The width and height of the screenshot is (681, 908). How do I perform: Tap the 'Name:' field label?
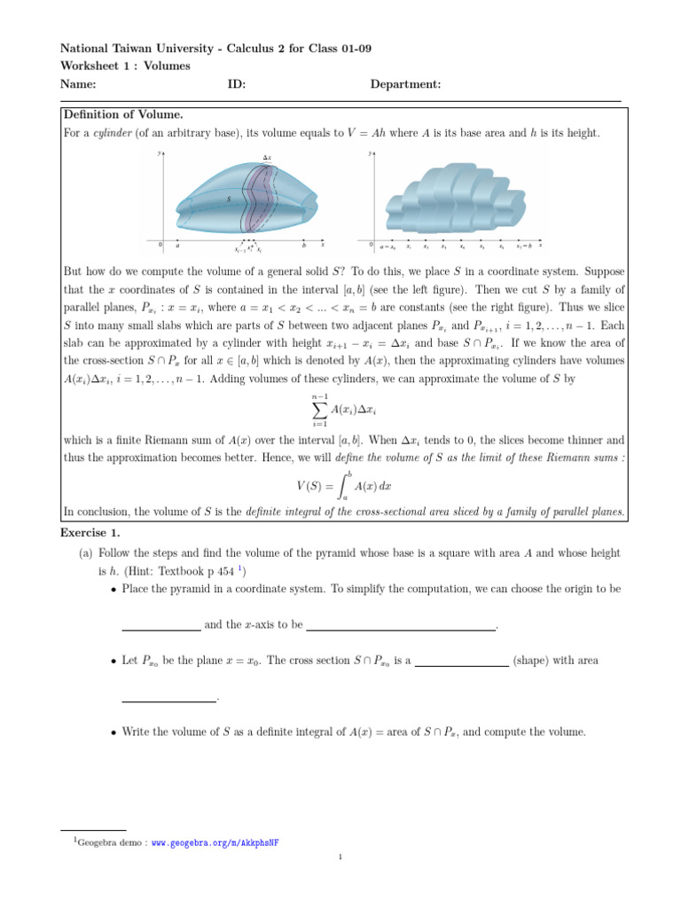pos(77,84)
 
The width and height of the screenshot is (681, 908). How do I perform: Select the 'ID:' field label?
pos(237,84)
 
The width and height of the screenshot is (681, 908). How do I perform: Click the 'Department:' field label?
pos(405,84)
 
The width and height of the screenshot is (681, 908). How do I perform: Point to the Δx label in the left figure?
pos(267,158)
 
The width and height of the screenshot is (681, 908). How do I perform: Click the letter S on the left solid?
pos(228,200)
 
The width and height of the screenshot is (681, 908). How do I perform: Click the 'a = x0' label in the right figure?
pos(387,247)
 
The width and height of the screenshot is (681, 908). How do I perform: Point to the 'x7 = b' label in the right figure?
pos(525,247)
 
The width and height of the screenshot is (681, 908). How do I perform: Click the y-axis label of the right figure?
pos(370,153)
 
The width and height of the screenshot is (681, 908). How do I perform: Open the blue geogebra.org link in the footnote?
pos(215,842)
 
